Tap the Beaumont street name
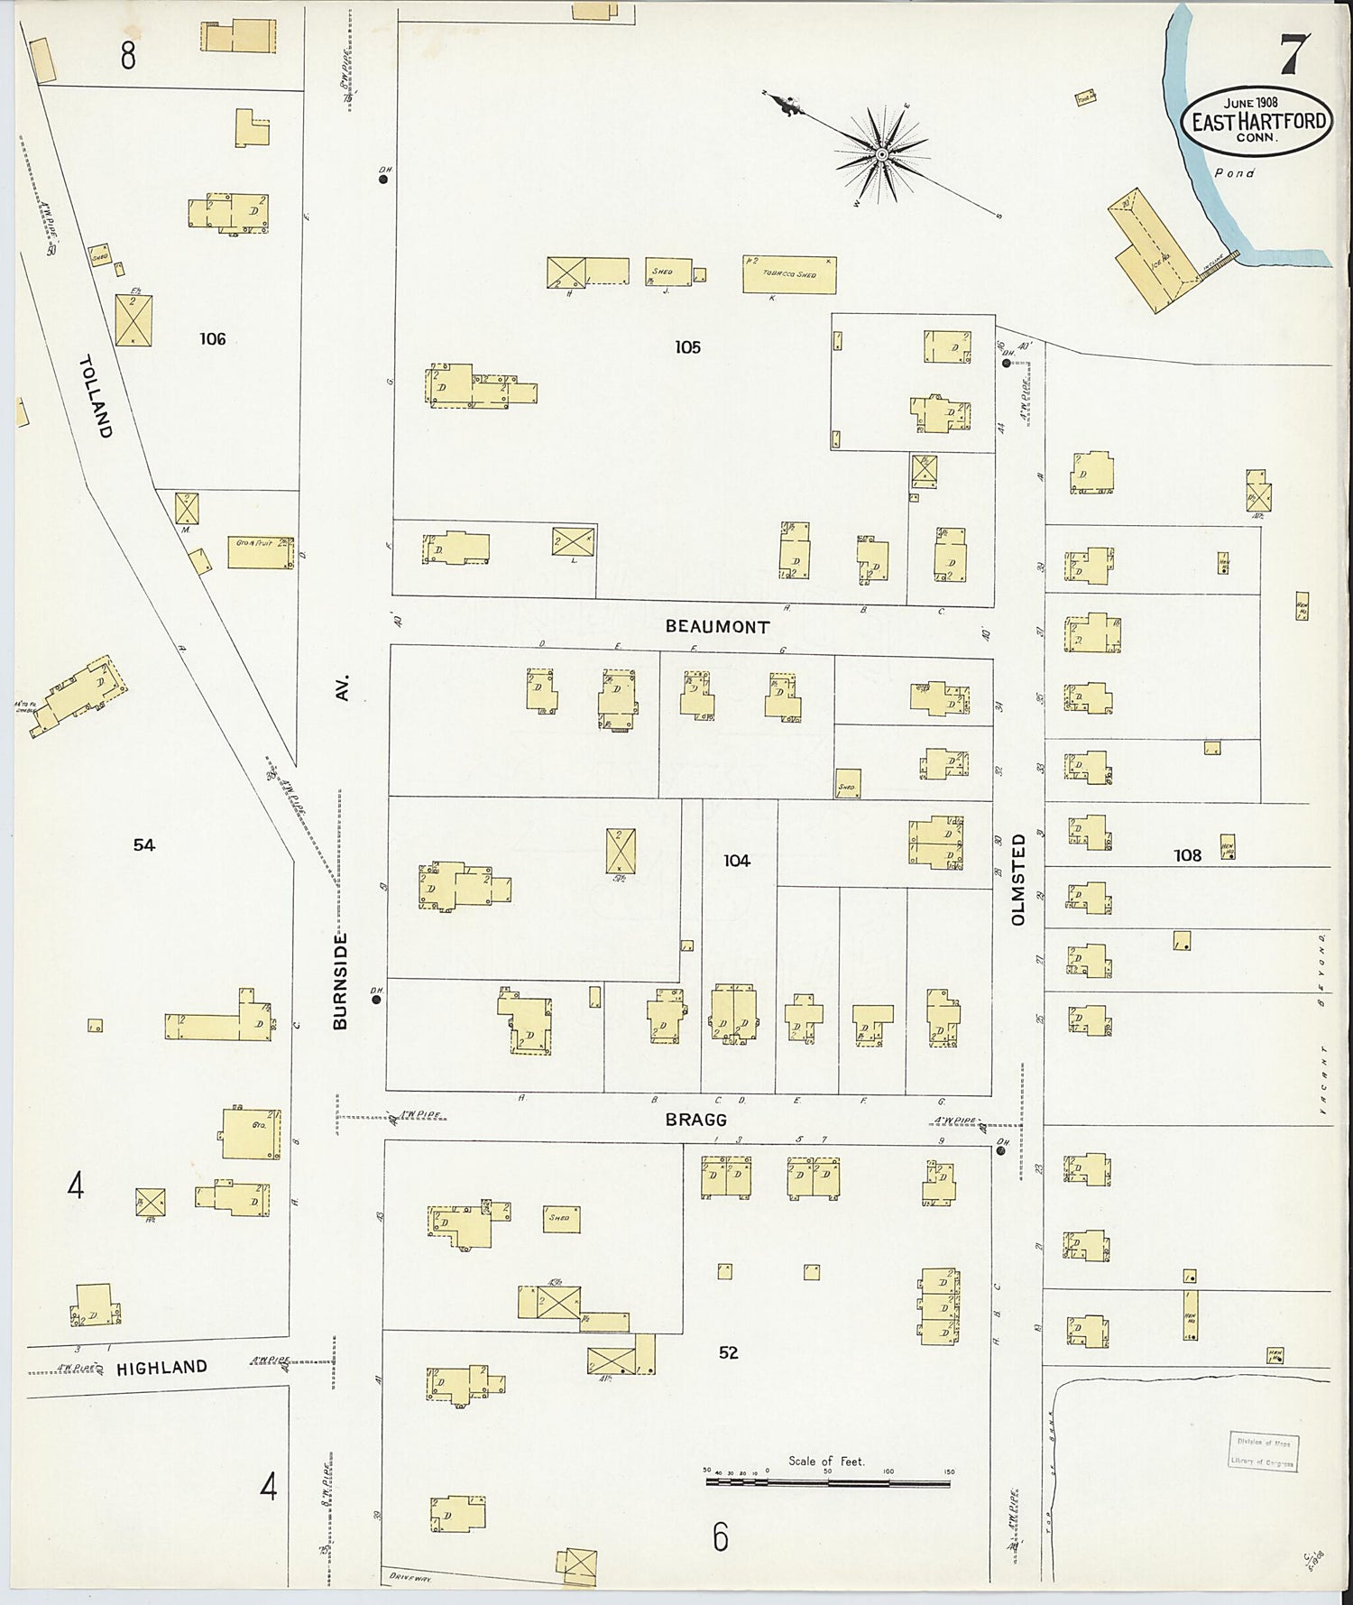point(718,626)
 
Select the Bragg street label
point(695,1120)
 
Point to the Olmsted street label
point(1019,879)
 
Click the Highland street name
point(162,1368)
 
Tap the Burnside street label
point(340,981)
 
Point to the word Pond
point(1234,173)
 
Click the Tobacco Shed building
point(788,274)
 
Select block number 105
point(687,347)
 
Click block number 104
point(736,861)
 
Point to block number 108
point(1187,855)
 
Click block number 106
point(213,339)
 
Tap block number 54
point(144,845)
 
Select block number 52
point(729,1352)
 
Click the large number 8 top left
point(128,56)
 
